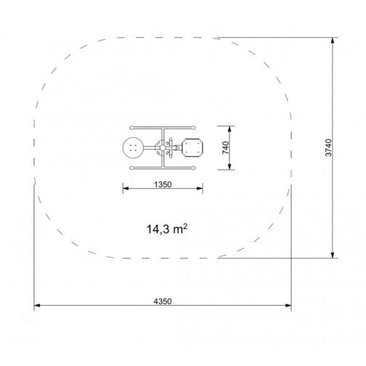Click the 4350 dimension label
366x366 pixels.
[163, 301]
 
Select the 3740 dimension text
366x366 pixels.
[328, 147]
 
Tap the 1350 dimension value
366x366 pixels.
[163, 184]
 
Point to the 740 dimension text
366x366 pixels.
[225, 147]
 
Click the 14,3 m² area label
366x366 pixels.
[167, 229]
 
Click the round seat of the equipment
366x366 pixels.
[133, 147]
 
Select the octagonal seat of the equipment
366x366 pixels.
[192, 147]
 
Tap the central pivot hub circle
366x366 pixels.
[163, 147]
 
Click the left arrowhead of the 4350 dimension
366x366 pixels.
[37, 306]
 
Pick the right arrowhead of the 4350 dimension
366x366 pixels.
[288, 306]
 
